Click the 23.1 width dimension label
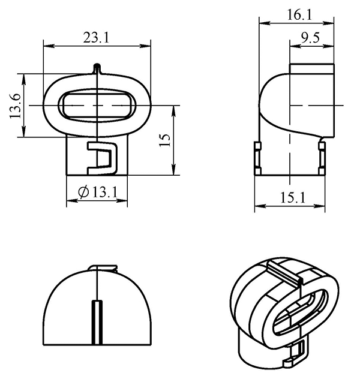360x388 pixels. coord(96,38)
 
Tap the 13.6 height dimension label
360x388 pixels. coord(15,106)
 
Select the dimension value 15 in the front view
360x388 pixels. coord(165,140)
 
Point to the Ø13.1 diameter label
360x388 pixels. coord(98,193)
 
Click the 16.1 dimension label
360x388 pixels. coord(299,15)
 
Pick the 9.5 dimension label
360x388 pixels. coord(310,38)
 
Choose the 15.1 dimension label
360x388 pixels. coord(293,198)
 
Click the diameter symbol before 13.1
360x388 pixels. coord(83,193)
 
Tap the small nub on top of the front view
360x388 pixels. coord(97,68)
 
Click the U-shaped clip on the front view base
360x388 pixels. coord(102,158)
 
